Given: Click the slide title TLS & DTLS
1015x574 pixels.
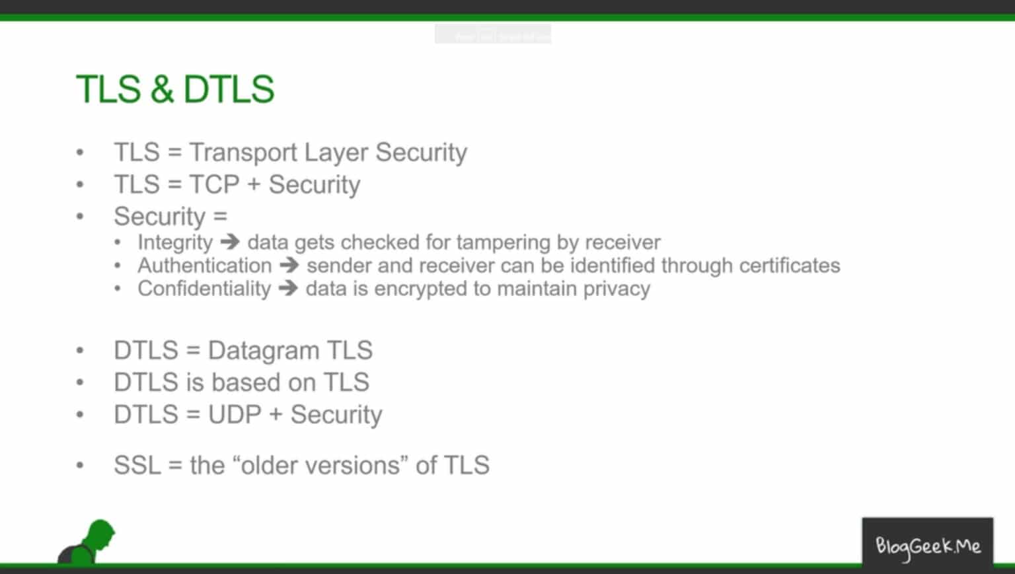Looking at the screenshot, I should tap(175, 89).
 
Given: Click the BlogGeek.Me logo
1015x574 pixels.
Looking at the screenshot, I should tap(927, 546).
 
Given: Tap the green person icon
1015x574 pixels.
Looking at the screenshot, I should tap(89, 542).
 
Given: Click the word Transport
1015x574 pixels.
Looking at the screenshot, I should tap(243, 153).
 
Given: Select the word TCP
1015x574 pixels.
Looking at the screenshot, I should tap(214, 185).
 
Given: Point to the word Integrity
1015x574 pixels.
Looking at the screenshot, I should tap(175, 242).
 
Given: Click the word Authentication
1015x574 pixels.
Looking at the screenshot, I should tap(204, 266).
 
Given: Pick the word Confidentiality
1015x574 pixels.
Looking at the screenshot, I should tap(204, 289).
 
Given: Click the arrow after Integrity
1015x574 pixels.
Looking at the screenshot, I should tap(230, 242).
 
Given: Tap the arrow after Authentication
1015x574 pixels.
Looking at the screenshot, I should tap(289, 266).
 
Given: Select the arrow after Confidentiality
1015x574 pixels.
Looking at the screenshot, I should tap(288, 289).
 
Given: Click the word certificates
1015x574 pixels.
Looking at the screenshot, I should tap(789, 266).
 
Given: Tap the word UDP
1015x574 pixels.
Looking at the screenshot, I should tap(235, 415).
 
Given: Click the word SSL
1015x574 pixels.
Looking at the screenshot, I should tap(137, 466).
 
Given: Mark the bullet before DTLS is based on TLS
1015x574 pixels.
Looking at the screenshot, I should tap(80, 383).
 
